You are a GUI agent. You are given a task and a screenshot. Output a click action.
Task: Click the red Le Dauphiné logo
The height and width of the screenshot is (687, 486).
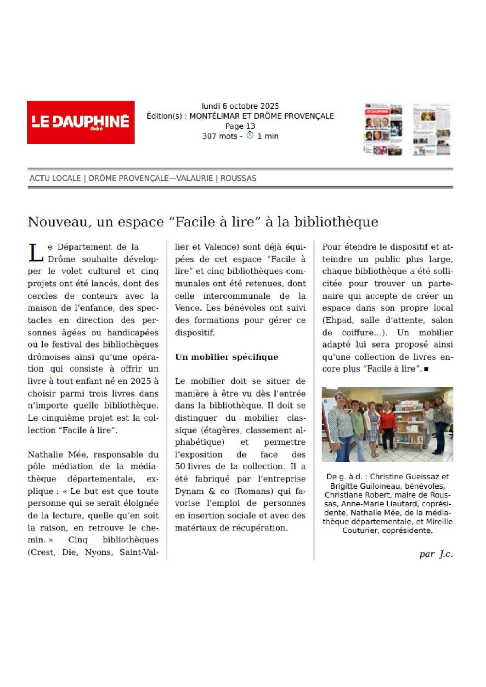click(x=81, y=122)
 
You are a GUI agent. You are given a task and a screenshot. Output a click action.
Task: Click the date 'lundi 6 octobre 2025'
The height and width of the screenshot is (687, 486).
click(x=240, y=106)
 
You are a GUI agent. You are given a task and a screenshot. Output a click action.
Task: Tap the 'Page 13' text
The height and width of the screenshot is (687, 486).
click(x=240, y=126)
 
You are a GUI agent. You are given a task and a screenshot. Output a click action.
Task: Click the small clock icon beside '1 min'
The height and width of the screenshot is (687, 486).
click(x=250, y=135)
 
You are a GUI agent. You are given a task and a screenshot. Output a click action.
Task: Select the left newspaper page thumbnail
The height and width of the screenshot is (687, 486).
click(x=384, y=129)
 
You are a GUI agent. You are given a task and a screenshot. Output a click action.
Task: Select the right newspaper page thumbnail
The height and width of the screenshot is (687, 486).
click(x=431, y=129)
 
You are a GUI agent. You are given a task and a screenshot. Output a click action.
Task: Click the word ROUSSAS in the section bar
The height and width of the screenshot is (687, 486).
click(x=238, y=178)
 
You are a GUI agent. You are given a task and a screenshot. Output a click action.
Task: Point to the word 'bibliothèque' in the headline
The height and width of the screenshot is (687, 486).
click(x=336, y=222)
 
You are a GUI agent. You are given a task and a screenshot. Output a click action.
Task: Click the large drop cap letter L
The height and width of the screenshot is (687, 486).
click(x=36, y=253)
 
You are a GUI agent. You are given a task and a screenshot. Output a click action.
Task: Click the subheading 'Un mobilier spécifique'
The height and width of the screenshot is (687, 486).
click(x=226, y=357)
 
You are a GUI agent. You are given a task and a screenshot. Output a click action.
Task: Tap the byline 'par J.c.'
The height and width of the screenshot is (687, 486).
click(x=436, y=554)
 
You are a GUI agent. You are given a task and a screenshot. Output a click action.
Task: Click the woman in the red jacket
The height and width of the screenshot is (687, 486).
click(x=388, y=429)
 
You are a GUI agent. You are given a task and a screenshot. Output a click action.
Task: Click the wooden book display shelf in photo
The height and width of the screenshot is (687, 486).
click(x=409, y=427)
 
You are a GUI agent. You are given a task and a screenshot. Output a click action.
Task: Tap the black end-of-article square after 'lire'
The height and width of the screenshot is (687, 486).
click(x=426, y=369)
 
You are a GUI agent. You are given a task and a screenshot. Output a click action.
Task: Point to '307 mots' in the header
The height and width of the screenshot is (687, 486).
click(x=220, y=136)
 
